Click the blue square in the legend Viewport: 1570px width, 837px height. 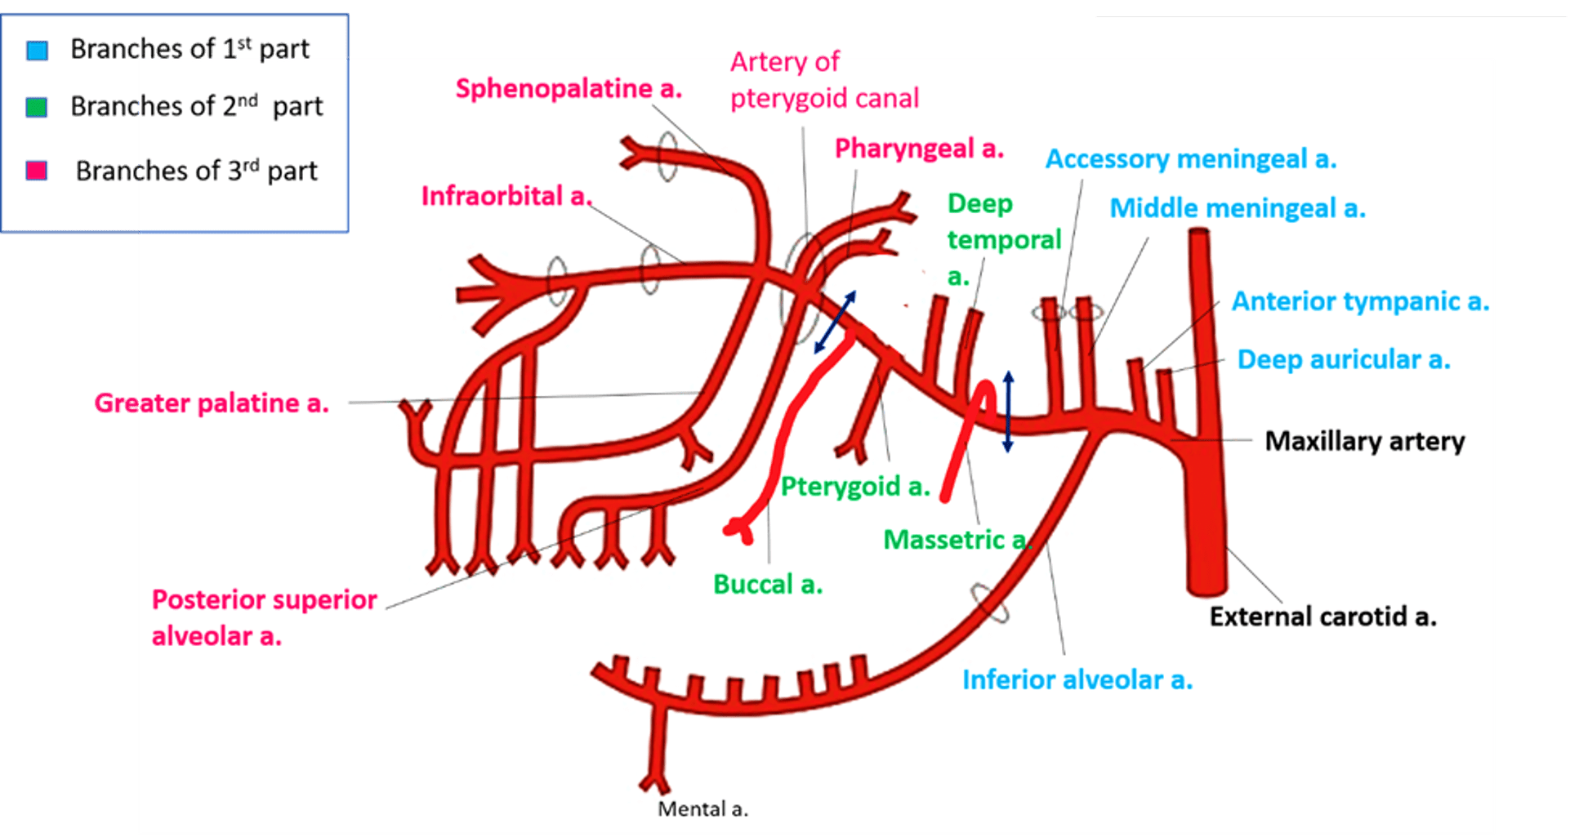pos(37,51)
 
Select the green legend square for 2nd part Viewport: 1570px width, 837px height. pos(37,107)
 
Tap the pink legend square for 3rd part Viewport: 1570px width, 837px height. pos(37,171)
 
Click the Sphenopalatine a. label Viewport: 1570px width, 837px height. pos(569,88)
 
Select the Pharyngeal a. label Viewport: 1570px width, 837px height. pos(919,149)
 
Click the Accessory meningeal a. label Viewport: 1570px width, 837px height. pos(1191,159)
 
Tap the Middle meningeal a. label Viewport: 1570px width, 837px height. pos(1238,208)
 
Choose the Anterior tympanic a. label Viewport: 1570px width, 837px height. pos(1360,301)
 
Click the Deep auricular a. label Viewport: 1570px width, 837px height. pos(1344,359)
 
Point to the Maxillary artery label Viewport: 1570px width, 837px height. pos(1364,441)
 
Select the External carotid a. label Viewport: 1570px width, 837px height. pos(1322,617)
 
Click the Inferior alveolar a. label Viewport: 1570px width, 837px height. pos(1077,679)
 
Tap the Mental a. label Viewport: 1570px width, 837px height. pos(702,809)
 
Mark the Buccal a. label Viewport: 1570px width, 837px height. pos(768,585)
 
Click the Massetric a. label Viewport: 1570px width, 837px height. pos(956,540)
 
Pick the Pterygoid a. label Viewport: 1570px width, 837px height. pos(855,487)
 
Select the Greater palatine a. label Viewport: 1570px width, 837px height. pos(212,403)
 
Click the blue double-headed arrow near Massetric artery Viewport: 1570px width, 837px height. pos(1008,412)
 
